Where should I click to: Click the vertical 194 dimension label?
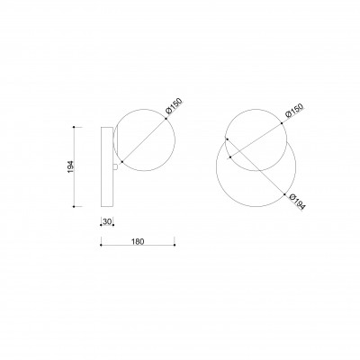click(x=70, y=166)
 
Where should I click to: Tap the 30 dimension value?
click(x=107, y=221)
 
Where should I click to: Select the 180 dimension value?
click(x=138, y=241)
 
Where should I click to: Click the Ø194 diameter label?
click(x=298, y=202)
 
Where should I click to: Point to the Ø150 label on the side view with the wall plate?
click(x=174, y=106)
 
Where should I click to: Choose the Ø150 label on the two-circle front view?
click(x=294, y=112)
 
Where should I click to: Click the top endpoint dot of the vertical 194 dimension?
click(x=74, y=127)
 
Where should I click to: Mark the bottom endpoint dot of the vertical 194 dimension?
click(x=74, y=206)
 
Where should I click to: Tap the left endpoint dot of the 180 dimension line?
click(x=101, y=245)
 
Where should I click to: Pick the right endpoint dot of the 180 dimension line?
click(x=175, y=245)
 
